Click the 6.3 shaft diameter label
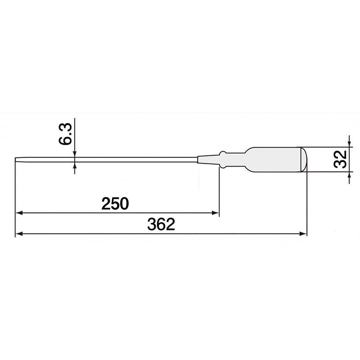pyautogui.click(x=65, y=134)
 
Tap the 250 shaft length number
pyautogui.click(x=115, y=204)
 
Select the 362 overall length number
pyautogui.click(x=161, y=224)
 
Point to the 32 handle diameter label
pyautogui.click(x=340, y=159)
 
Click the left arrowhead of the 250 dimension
pyautogui.click(x=19, y=213)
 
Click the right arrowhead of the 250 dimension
pyautogui.click(x=215, y=213)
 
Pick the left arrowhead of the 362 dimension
pyautogui.click(x=19, y=234)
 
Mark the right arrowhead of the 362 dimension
pyautogui.click(x=303, y=234)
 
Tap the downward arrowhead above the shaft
pyautogui.click(x=75, y=154)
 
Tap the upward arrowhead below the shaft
pyautogui.click(x=75, y=166)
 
